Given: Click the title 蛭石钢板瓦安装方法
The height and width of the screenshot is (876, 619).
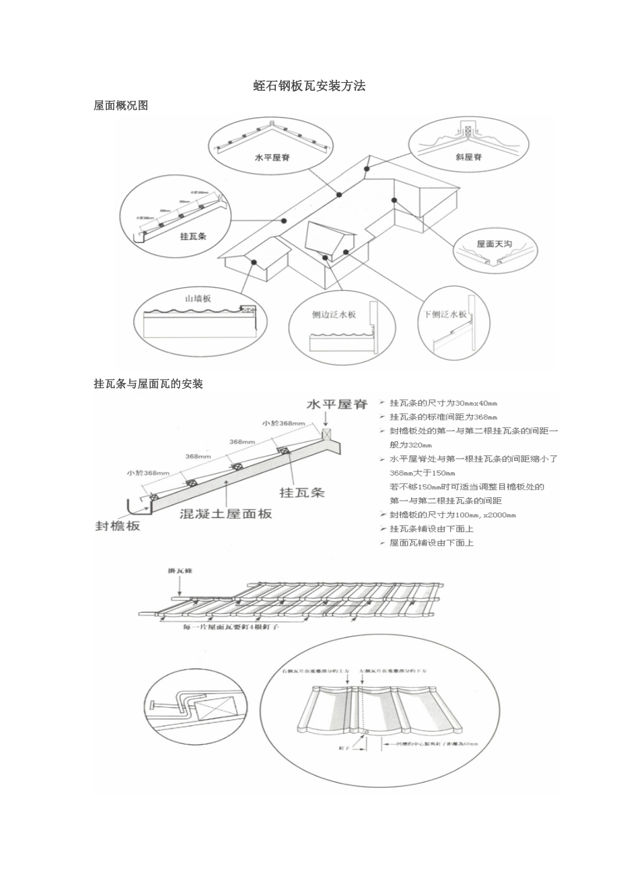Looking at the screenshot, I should [309, 86].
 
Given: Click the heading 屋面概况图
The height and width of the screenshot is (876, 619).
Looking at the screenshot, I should [120, 106].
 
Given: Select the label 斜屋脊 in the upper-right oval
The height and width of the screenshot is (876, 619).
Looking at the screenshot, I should [468, 158].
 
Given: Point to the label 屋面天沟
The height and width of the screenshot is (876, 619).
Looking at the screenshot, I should [495, 244].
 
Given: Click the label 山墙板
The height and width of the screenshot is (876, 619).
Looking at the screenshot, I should [198, 298].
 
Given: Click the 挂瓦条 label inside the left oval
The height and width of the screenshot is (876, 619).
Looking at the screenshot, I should [193, 237].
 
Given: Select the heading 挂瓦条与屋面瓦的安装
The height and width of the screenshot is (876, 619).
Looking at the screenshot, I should [148, 384].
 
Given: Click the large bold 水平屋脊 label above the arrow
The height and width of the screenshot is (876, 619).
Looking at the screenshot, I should [337, 405].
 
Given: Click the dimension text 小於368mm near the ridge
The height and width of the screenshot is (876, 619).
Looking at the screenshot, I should [283, 423].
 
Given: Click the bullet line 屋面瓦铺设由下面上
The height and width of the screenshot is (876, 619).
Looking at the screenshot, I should [431, 543].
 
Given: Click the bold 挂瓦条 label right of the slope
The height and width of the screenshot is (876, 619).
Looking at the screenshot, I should [302, 492].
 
